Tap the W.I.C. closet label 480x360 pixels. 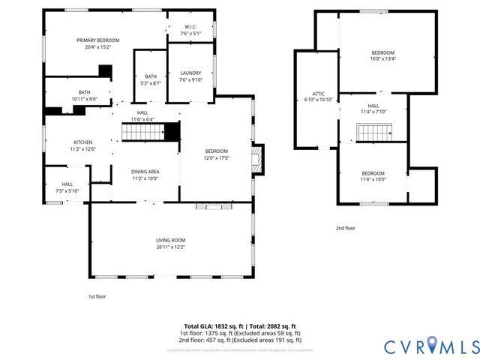pos(190,31)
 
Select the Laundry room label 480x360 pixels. pos(190,76)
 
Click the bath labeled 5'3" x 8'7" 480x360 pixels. pos(150,79)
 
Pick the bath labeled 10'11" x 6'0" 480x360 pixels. pos(84,95)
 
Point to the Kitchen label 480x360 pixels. pos(82,145)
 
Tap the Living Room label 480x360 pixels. pos(171,243)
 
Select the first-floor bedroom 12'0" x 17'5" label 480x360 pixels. pos(216,154)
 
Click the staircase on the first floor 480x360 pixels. pos(143,133)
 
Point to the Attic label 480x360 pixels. pos(318,96)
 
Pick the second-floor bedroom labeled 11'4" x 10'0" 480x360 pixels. pos(373,176)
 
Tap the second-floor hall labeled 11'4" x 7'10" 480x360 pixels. pos(373,109)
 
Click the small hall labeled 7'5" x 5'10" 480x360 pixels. pos(67,187)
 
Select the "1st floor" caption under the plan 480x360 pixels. pos(97,296)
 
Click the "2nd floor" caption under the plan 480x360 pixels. pos(345,229)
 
